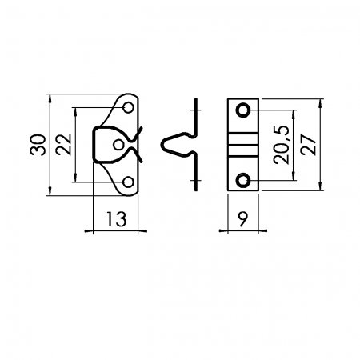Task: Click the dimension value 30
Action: point(38,145)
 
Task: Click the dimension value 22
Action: point(64,145)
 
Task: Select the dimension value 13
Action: point(116,219)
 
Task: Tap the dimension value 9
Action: point(243,219)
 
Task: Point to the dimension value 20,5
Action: point(282,145)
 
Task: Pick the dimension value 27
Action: point(308,145)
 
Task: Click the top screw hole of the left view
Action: point(129,107)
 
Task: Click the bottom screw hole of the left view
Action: point(129,182)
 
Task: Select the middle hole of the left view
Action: point(118,145)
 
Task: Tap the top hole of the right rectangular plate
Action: point(243,110)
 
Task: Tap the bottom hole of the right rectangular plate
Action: point(243,180)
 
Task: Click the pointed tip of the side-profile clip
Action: point(162,145)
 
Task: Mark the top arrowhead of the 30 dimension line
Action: point(50,98)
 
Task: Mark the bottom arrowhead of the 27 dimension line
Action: point(320,186)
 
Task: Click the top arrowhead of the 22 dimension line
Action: point(76,112)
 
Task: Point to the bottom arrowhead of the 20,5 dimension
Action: point(294,176)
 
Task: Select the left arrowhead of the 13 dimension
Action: point(89,231)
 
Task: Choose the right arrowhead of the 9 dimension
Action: point(262,230)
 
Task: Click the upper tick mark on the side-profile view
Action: point(196,110)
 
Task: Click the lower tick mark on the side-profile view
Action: point(196,181)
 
